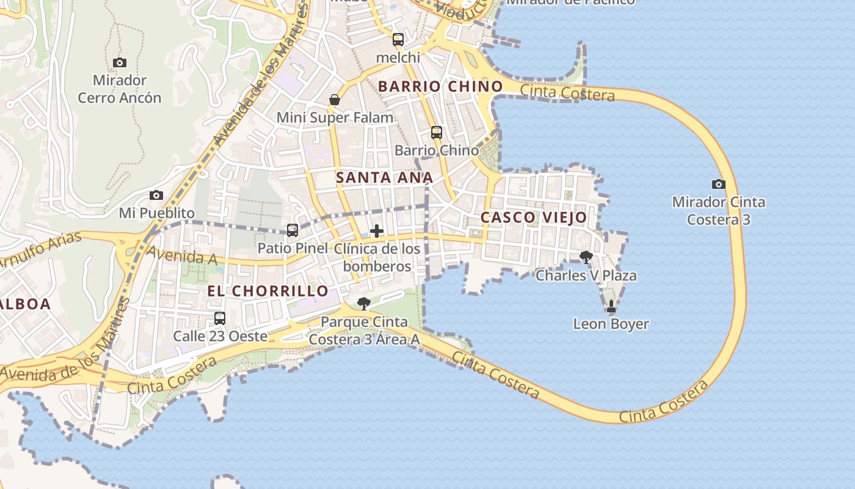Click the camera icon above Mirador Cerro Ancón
click(x=120, y=62)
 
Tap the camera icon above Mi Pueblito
click(x=156, y=196)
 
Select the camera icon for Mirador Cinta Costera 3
click(x=719, y=184)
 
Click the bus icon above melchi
click(x=398, y=40)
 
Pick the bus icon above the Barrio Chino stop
click(x=436, y=132)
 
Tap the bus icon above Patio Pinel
click(x=293, y=230)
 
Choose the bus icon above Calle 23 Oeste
click(x=220, y=318)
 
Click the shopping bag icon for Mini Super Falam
click(x=335, y=100)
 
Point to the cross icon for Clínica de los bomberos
click(x=377, y=231)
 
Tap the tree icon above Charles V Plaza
click(x=586, y=257)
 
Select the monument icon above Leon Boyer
click(x=611, y=306)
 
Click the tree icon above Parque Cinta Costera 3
click(x=364, y=304)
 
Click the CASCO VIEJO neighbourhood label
click(x=534, y=217)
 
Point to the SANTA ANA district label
click(x=385, y=178)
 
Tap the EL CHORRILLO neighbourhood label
click(x=268, y=291)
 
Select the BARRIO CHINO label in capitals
click(x=440, y=86)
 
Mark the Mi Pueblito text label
click(x=156, y=213)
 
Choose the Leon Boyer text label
click(x=611, y=324)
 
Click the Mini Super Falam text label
click(x=335, y=117)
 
